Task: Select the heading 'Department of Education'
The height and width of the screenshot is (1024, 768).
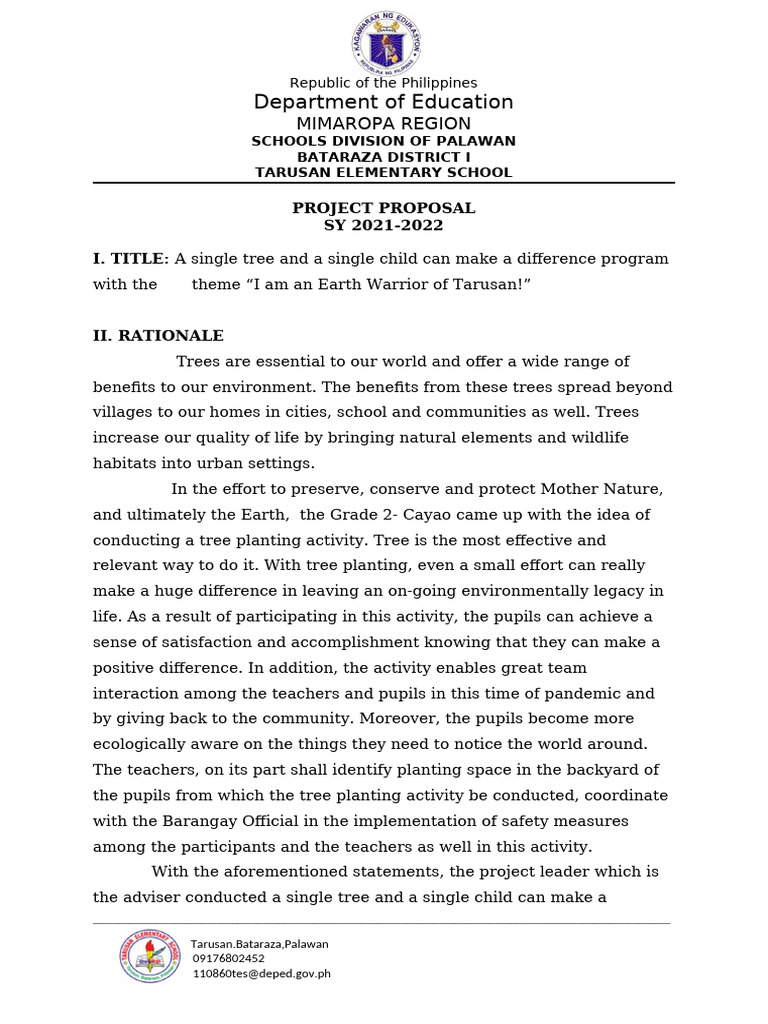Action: (x=383, y=102)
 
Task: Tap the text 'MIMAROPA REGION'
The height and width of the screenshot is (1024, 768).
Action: (x=383, y=124)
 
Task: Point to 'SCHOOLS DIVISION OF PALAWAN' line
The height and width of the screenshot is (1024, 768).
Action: (x=383, y=142)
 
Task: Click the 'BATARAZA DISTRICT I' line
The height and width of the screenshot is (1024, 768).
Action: (x=383, y=157)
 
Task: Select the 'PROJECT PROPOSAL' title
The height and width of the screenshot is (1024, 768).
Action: (x=383, y=208)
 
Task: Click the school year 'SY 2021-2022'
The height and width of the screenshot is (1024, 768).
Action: (x=383, y=225)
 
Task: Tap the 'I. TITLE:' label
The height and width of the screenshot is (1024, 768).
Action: (x=131, y=259)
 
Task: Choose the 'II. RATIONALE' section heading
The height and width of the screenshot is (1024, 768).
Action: (x=158, y=336)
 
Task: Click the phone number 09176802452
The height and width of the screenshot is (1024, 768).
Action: (x=229, y=958)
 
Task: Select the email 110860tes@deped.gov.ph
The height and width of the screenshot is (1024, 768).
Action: (x=261, y=973)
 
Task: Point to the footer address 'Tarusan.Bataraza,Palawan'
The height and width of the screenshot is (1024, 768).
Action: (x=259, y=943)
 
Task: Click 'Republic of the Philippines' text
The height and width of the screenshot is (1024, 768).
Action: (x=383, y=83)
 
